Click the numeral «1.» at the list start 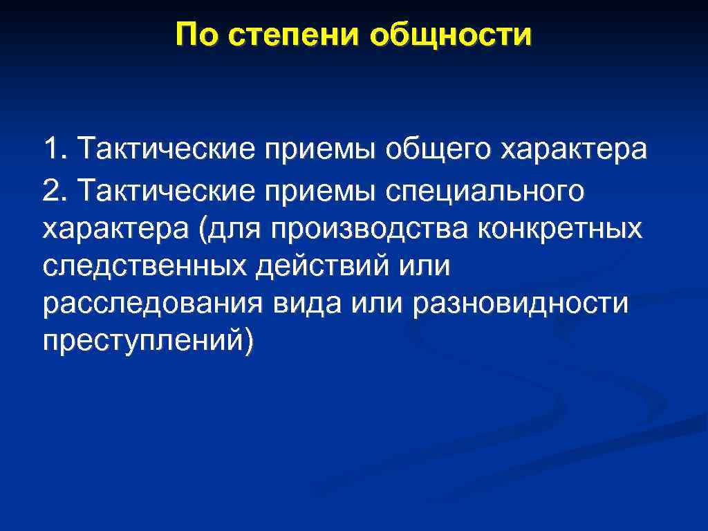(x=55, y=148)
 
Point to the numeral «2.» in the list (x=55, y=190)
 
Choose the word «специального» (x=484, y=192)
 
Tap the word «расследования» (x=153, y=306)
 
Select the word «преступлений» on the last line (x=142, y=344)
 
